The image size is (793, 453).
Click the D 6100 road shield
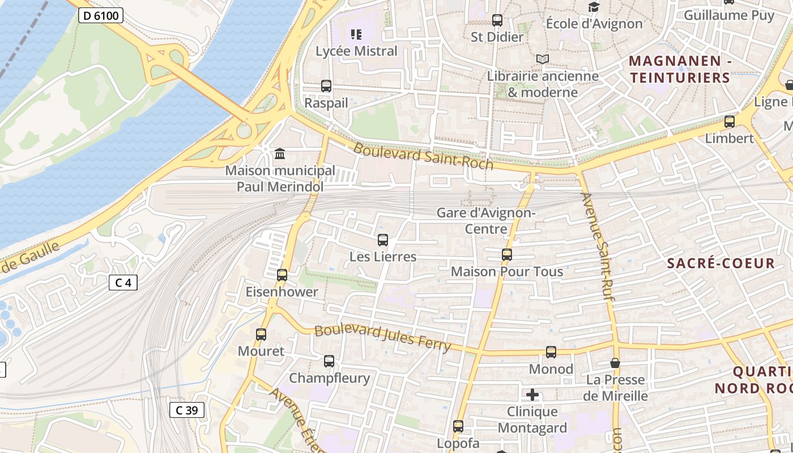click(x=101, y=15)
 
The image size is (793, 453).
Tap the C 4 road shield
click(x=123, y=282)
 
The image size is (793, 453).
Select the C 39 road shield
click(x=186, y=410)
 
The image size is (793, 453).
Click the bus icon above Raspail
click(x=326, y=86)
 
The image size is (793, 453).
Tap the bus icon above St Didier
click(x=497, y=20)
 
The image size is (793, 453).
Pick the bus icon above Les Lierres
click(x=383, y=240)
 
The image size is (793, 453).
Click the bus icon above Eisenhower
click(x=282, y=275)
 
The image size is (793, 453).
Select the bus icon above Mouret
click(x=261, y=334)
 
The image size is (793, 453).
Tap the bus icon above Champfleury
click(x=329, y=361)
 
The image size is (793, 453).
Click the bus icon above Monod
click(x=551, y=352)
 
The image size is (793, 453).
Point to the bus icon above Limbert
click(x=730, y=121)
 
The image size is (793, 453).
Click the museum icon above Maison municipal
click(x=279, y=153)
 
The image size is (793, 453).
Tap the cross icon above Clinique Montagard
click(x=532, y=395)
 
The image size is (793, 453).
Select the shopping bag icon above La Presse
click(x=615, y=363)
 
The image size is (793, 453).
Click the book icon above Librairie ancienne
click(x=543, y=59)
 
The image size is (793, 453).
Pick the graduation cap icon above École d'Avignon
click(x=594, y=7)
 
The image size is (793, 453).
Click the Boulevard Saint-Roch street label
click(x=424, y=156)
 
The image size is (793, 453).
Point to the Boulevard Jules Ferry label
click(x=383, y=337)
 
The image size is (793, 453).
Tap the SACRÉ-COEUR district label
click(x=720, y=263)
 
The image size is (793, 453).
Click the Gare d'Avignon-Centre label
click(x=486, y=221)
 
